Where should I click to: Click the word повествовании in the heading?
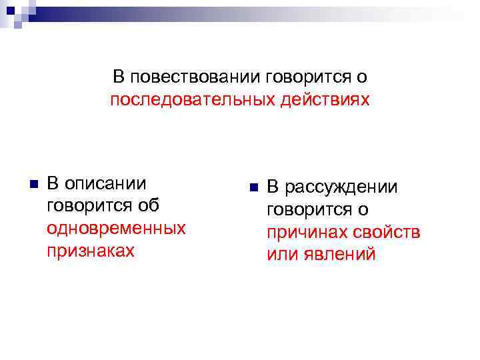point(195,77)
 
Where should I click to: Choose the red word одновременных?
point(116,228)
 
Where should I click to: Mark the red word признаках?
point(91,251)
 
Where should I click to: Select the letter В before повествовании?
point(119,77)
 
